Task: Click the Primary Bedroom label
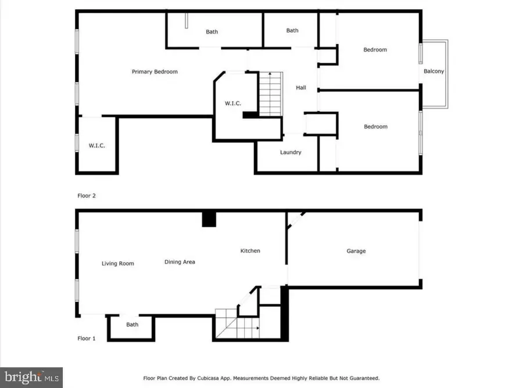(x=155, y=72)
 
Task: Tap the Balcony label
(x=434, y=71)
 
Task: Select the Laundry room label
(x=291, y=152)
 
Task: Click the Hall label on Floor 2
(x=301, y=88)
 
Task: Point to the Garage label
(x=356, y=251)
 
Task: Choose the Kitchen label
(x=250, y=251)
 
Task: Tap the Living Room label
(x=118, y=264)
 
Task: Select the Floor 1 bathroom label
(x=132, y=325)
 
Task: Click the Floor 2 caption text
(x=86, y=196)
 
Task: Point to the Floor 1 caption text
(x=86, y=337)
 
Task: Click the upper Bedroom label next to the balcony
(x=375, y=50)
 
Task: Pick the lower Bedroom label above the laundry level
(x=375, y=127)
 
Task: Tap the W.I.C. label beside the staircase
(x=233, y=103)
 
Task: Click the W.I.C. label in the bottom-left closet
(x=97, y=145)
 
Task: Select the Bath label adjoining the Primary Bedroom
(x=212, y=32)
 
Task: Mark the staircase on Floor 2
(x=270, y=93)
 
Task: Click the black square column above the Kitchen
(x=209, y=218)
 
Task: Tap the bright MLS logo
(x=31, y=377)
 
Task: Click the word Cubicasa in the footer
(x=230, y=378)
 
